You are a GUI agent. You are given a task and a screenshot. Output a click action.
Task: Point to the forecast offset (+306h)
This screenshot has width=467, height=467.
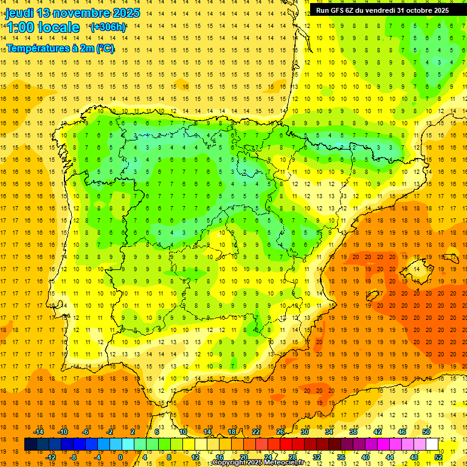click(108, 27)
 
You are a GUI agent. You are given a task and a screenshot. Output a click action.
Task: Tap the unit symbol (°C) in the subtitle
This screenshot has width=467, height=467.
click(105, 49)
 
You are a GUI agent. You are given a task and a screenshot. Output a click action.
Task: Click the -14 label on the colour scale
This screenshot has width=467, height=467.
click(38, 432)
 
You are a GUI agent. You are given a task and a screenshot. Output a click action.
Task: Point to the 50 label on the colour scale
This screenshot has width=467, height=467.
click(426, 432)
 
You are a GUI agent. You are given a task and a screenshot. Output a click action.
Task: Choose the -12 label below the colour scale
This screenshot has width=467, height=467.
click(50, 457)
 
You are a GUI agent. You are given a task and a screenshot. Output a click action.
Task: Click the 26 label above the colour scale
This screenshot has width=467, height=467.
click(281, 432)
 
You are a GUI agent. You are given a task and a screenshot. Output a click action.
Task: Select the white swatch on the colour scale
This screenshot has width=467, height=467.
click(432, 445)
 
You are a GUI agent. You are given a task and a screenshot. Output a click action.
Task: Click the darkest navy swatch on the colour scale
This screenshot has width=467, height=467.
click(30, 445)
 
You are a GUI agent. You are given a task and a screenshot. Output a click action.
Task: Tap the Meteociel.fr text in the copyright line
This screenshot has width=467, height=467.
click(283, 463)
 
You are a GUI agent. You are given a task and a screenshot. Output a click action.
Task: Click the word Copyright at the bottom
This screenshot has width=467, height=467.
click(229, 463)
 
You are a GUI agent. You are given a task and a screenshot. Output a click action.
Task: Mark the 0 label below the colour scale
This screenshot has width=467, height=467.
click(120, 457)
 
